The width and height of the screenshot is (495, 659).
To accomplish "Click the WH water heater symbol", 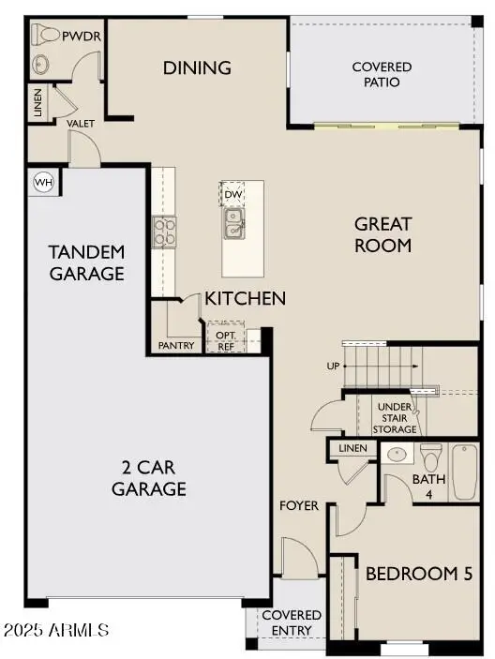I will click(x=43, y=182).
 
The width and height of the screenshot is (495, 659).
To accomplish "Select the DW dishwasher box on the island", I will click(x=232, y=194).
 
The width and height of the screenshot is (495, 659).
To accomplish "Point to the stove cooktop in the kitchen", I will click(x=164, y=231).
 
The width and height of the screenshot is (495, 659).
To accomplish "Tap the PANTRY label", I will click(x=176, y=345).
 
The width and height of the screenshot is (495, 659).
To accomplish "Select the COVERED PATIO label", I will click(x=382, y=74).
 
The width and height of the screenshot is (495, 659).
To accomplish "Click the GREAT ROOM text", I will click(x=382, y=234).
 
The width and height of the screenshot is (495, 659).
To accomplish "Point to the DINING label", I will click(x=197, y=67).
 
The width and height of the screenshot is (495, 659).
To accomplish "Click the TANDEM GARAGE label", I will click(x=86, y=262).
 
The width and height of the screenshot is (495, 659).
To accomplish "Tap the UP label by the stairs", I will click(x=332, y=366).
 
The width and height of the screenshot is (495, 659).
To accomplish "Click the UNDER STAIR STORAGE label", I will click(x=395, y=417).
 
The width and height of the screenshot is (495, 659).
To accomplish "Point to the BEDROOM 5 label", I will click(x=418, y=573).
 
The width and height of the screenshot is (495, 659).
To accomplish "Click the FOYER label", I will click(x=299, y=505).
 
